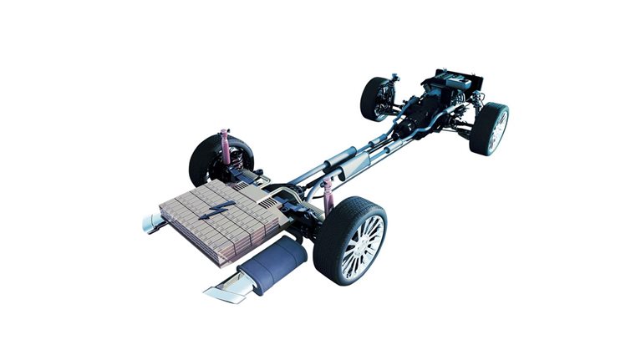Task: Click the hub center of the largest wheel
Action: coord(361,246)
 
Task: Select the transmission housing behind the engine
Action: coord(415,116)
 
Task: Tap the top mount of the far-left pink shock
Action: coord(224,132)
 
